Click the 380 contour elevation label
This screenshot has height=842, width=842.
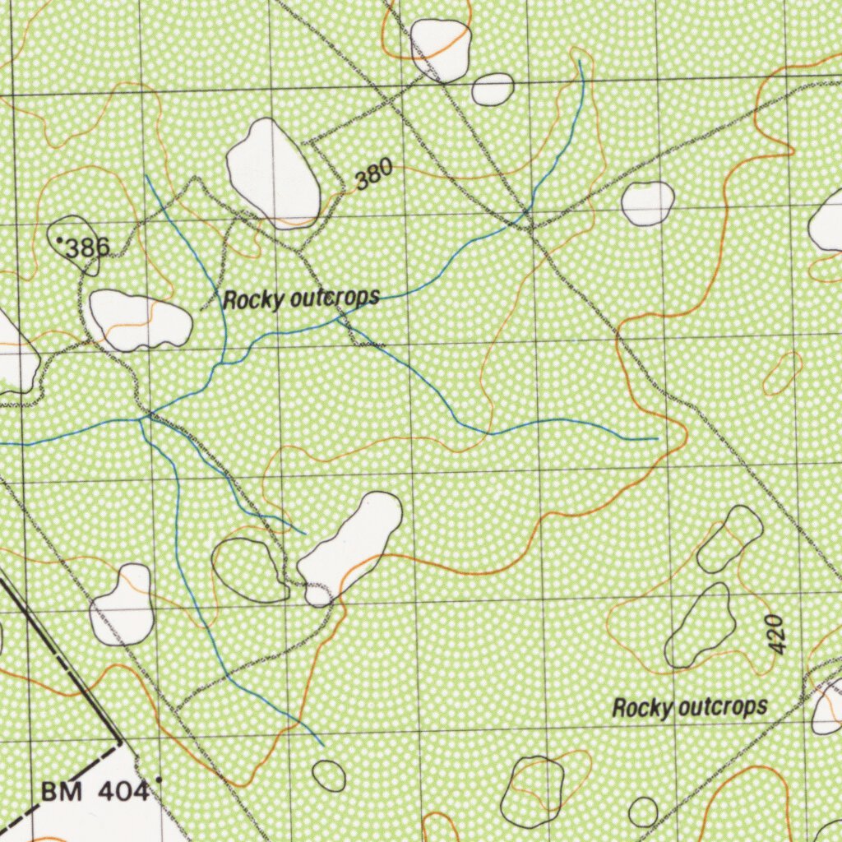coord(373,174)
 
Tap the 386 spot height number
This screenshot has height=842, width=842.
coord(86,247)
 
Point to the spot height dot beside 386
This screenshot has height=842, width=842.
coord(61,239)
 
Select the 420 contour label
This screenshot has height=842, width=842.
coord(779,634)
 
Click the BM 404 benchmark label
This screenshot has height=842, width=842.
coord(95,792)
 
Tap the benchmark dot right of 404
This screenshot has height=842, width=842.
coord(159,778)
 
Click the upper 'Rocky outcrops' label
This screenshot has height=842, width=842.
coord(301,299)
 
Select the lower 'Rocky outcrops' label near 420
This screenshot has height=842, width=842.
coord(690,707)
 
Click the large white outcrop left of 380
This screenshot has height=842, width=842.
coord(273,173)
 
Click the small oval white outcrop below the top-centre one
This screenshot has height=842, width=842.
coord(493,89)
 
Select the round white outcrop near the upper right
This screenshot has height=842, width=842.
coord(648,203)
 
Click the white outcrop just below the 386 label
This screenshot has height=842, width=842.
coord(138,320)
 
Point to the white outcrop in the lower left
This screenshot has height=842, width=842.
coord(123,605)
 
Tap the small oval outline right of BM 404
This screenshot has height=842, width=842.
coord(329,775)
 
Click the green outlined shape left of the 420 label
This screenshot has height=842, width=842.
coord(701,627)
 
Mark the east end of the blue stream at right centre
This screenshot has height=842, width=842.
coord(657,439)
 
